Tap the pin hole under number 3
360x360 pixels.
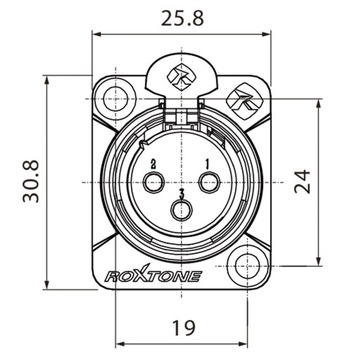pos(181,211)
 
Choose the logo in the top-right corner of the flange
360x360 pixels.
pos(242,98)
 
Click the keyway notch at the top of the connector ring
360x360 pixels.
pos(181,118)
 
